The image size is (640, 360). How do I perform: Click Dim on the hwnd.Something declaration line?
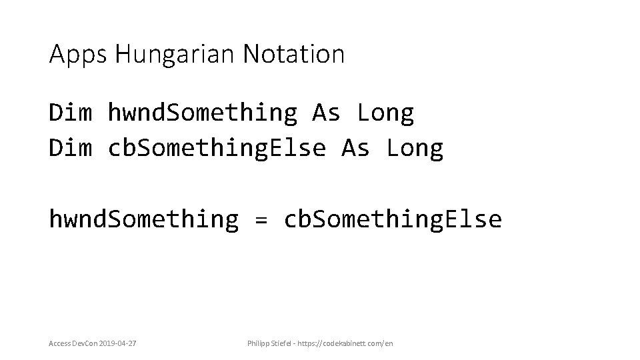(x=70, y=113)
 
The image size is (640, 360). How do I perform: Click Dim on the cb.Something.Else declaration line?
(x=70, y=148)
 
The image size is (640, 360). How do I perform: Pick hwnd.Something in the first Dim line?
(x=203, y=113)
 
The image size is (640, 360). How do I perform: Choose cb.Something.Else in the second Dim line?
(x=217, y=148)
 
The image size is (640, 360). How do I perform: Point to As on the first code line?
(x=327, y=113)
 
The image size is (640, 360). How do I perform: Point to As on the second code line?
(x=356, y=148)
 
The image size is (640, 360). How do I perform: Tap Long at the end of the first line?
(x=385, y=113)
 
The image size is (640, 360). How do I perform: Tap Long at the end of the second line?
(x=415, y=148)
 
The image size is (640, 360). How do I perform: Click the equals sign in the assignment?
(x=261, y=219)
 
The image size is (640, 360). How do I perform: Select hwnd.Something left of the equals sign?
(x=143, y=219)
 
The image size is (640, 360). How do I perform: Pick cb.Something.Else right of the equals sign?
(x=393, y=219)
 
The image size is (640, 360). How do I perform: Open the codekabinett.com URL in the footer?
(x=351, y=343)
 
